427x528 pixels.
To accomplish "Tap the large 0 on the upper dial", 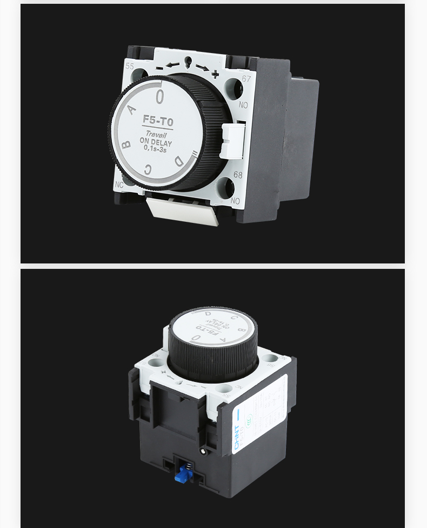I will [x=159, y=97].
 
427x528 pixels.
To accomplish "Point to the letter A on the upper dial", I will [x=132, y=109].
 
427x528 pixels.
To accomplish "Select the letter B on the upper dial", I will [x=126, y=144].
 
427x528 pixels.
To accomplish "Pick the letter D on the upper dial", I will [x=179, y=160].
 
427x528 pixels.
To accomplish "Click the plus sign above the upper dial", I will [x=215, y=74].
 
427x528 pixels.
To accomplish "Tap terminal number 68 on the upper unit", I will [x=238, y=174].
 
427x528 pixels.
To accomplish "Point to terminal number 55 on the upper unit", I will [x=130, y=66].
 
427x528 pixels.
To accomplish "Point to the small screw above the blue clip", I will [x=202, y=450].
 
